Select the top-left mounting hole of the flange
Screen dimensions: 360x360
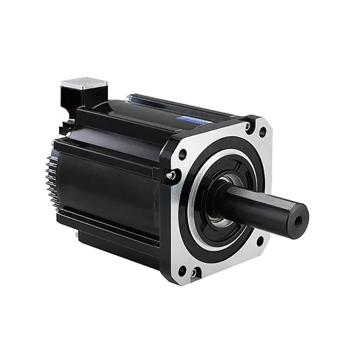(182, 154)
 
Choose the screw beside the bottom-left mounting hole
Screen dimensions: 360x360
(194, 272)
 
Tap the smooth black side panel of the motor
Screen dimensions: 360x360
(108, 184)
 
